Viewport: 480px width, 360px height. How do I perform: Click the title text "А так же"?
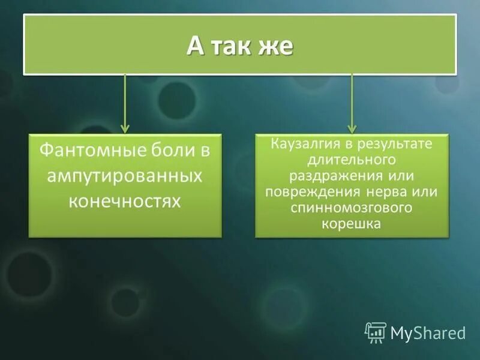[x=239, y=46]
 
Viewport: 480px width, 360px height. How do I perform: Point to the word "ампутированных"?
[x=125, y=176]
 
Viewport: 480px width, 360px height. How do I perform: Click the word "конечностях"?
[x=125, y=201]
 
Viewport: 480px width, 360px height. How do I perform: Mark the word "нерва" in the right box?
[x=389, y=192]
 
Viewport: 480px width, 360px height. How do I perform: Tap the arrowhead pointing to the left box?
[x=125, y=128]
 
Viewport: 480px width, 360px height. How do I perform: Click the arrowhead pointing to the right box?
[x=352, y=128]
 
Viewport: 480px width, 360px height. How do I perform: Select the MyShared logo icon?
[x=376, y=332]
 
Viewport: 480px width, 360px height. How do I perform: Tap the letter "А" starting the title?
[x=195, y=46]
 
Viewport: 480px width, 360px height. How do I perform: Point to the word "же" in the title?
[x=278, y=46]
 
